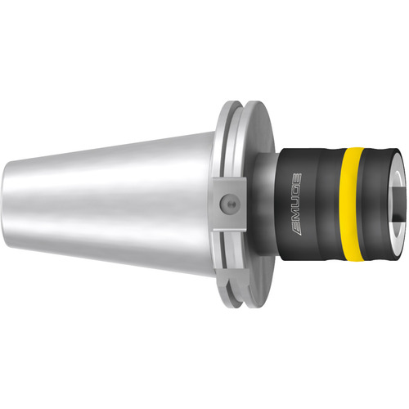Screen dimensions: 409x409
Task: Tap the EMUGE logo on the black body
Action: tap(296, 204)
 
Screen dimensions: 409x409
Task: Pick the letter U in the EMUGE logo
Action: tap(296, 201)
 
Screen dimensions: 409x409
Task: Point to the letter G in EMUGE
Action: tap(297, 189)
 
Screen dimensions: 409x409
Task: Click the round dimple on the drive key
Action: tap(229, 203)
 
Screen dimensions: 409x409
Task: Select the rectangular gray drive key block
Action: tap(229, 204)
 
